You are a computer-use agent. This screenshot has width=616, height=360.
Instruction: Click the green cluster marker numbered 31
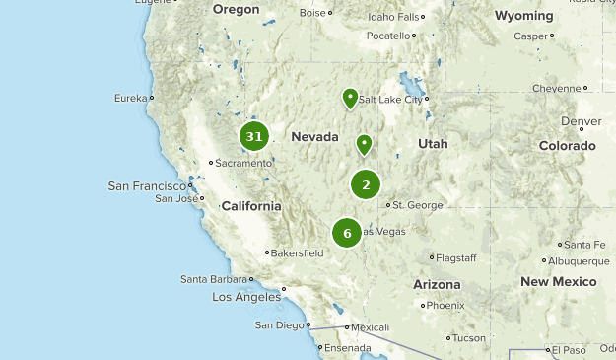254,137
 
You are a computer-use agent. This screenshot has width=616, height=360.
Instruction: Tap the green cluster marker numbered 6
347,233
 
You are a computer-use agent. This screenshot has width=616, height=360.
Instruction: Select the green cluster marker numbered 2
366,184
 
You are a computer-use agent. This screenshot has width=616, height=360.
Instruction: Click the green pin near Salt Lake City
350,98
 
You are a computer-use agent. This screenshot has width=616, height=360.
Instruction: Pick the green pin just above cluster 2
365,145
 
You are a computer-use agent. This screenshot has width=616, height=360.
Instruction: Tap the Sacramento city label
242,163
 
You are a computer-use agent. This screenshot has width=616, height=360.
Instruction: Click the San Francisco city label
147,185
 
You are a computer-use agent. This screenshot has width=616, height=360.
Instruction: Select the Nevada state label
314,136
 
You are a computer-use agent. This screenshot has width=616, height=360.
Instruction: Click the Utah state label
433,143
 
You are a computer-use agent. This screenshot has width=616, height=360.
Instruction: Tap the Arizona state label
437,283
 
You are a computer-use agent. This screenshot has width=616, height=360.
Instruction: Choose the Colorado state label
567,145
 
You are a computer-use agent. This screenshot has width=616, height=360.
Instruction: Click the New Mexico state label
559,281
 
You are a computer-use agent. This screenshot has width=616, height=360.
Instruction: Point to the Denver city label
581,121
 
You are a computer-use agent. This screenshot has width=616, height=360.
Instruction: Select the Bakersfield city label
298,252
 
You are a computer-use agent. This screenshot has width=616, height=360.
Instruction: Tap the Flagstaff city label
456,257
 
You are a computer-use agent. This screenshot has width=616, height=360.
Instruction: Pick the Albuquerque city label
580,261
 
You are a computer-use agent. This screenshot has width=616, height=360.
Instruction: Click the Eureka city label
130,98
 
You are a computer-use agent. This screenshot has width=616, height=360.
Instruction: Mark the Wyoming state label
523,16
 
